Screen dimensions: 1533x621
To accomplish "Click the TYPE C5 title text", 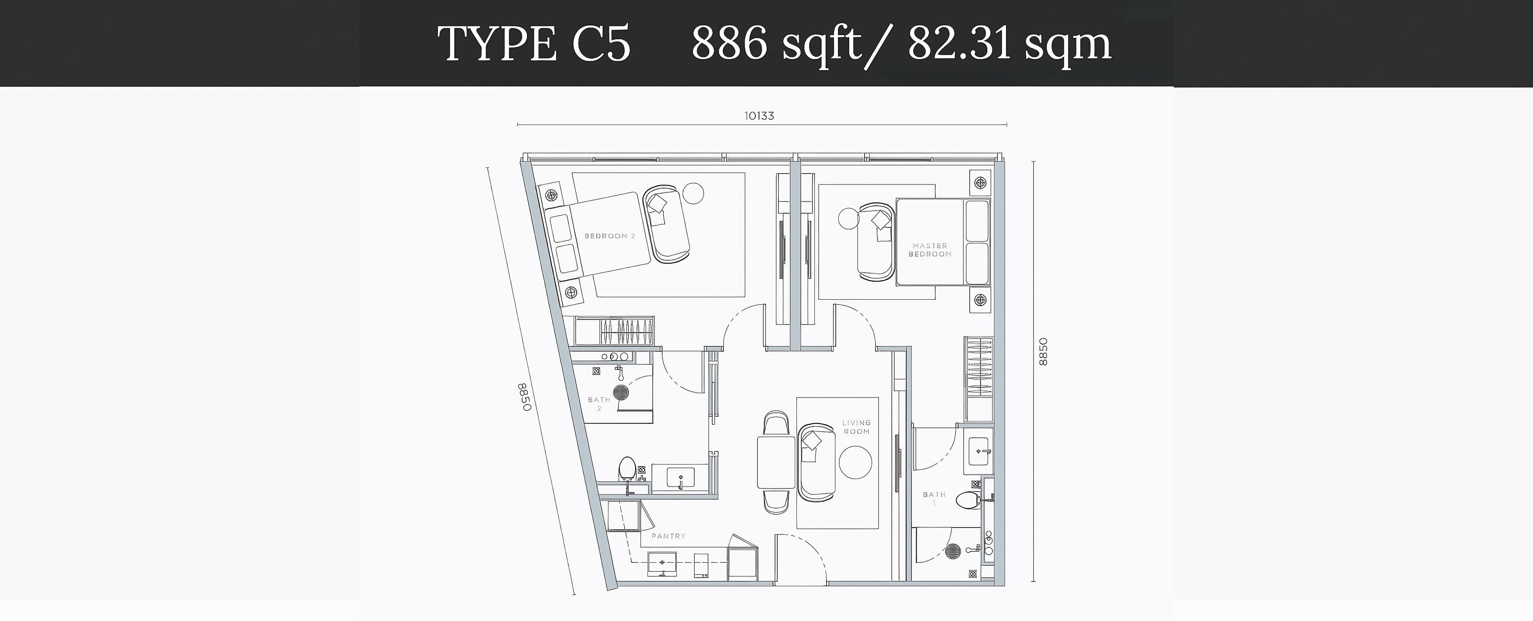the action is [534, 44].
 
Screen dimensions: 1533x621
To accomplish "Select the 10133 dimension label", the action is [759, 116].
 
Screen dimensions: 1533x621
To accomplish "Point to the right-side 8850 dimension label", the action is [1043, 352].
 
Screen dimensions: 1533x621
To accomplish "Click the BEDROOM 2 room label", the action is [609, 236].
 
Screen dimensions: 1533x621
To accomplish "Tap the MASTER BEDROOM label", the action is [929, 250].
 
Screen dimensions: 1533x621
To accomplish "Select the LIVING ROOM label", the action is [856, 427].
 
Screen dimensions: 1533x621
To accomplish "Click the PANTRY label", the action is [668, 536].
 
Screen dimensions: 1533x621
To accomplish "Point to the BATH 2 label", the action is [599, 404].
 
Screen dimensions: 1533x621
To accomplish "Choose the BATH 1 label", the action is [934, 498].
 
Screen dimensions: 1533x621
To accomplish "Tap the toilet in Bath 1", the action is [968, 500].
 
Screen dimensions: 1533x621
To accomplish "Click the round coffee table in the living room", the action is [855, 462].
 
